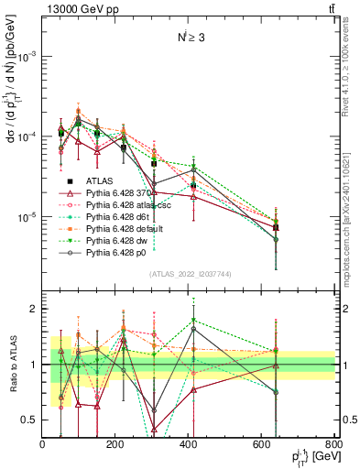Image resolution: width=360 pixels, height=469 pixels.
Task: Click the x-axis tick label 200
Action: coord(115,443)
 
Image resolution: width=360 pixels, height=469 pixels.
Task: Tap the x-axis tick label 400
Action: coord(189,443)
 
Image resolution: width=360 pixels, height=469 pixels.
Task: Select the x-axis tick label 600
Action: coord(262,443)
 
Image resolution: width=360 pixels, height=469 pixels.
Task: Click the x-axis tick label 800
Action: coord(334,443)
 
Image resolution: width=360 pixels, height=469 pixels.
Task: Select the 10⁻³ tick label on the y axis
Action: coord(25,56)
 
